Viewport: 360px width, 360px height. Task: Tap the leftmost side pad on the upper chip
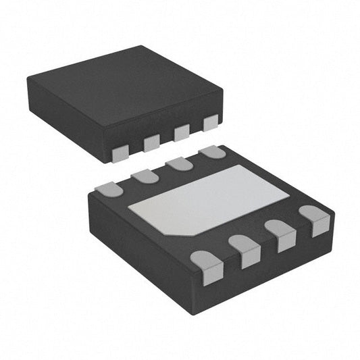tap(120, 153)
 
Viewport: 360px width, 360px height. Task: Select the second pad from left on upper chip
tap(151, 143)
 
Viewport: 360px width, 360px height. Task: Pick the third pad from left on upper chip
tap(182, 132)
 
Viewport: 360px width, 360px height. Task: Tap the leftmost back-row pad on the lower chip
tap(109, 190)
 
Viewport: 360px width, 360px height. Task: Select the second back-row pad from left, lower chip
tap(145, 176)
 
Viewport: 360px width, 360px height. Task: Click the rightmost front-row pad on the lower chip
tap(315, 220)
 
